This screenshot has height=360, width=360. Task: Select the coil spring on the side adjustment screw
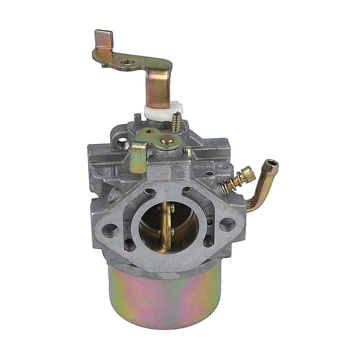tap(232, 182)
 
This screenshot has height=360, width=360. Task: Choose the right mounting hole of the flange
tap(228, 224)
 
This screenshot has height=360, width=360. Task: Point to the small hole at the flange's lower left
tap(130, 245)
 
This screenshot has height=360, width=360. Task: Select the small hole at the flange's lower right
tap(208, 240)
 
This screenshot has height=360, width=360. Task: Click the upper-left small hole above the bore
tap(150, 192)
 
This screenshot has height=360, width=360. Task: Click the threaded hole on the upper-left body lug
tap(122, 143)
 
